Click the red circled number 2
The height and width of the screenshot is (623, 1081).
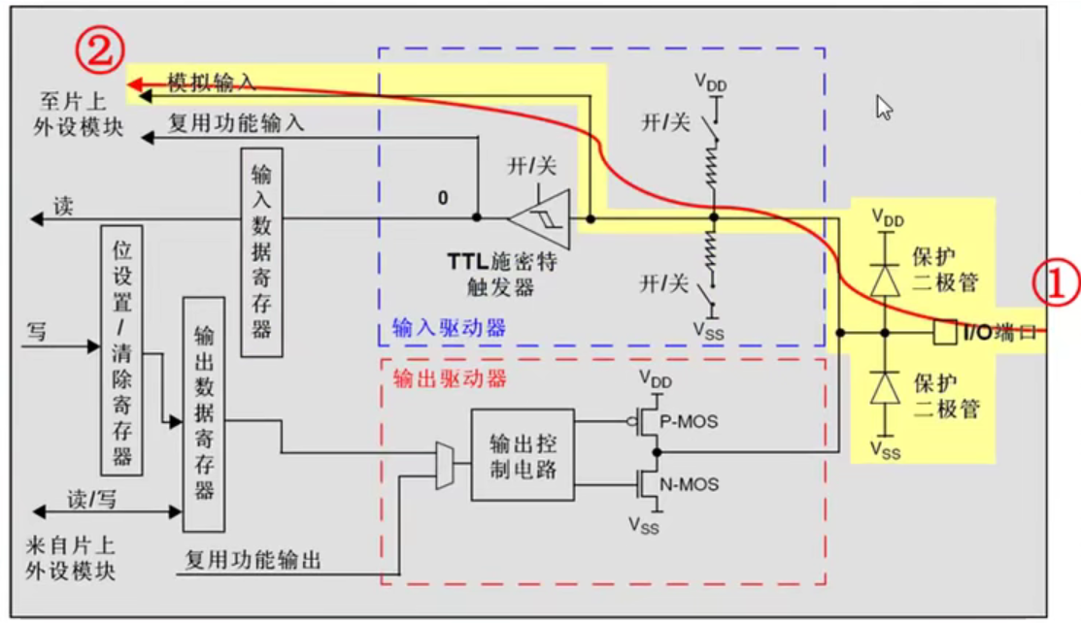tap(102, 52)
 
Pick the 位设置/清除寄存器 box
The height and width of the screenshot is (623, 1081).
tap(121, 349)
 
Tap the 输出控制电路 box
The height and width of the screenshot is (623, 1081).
tap(522, 454)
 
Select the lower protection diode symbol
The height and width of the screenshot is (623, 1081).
tap(884, 388)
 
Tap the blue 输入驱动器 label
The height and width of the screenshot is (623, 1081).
tap(449, 327)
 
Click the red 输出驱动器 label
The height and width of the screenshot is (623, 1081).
tap(449, 378)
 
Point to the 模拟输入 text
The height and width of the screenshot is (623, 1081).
tap(212, 82)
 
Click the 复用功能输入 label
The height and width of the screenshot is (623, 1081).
tap(236, 123)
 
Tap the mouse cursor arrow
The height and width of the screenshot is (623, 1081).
tap(884, 107)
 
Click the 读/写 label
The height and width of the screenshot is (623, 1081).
tap(91, 499)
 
